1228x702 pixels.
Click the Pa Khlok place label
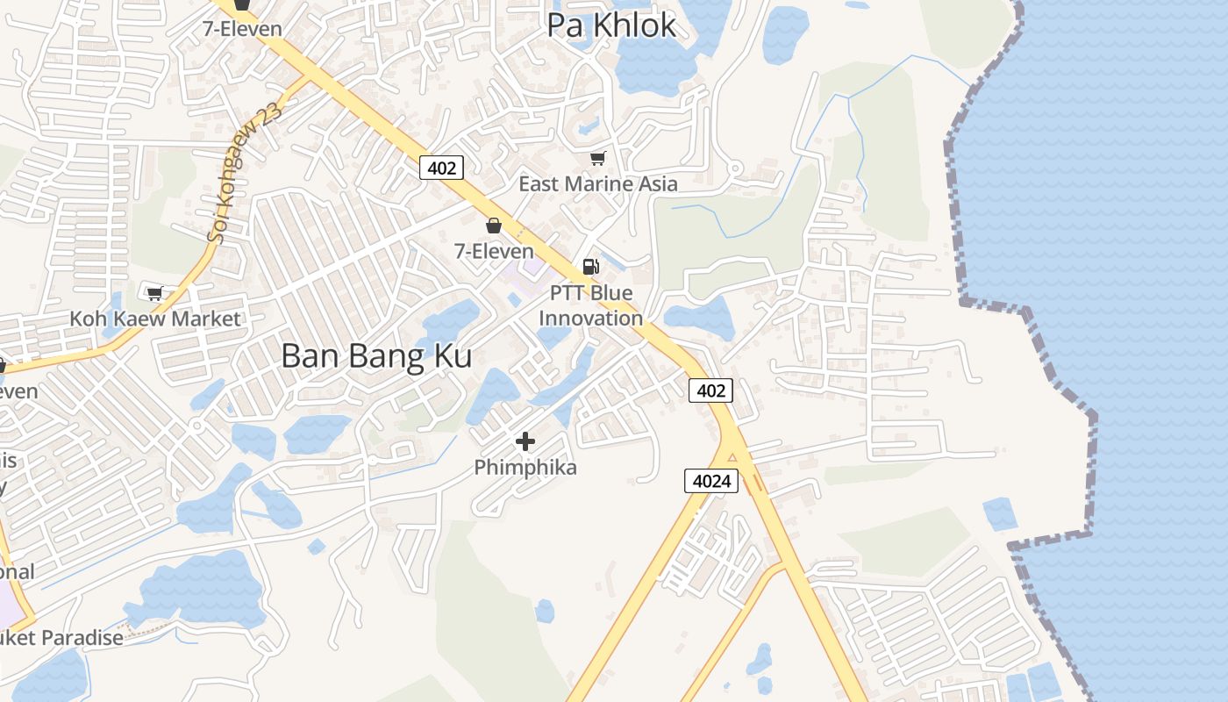[x=611, y=25]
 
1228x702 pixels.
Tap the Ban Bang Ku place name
[x=376, y=356]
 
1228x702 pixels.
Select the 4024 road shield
[x=710, y=481]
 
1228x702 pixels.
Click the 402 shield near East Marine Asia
[x=440, y=167]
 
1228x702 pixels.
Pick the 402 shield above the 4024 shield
[x=710, y=390]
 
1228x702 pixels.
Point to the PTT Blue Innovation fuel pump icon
[x=591, y=266]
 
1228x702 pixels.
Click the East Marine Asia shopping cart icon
[x=598, y=158]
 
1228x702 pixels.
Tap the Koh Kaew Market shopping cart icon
[x=155, y=293]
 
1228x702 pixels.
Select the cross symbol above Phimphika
[x=525, y=441]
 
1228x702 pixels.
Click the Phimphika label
[x=525, y=468]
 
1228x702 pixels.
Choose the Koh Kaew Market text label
[x=154, y=319]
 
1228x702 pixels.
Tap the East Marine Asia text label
[x=598, y=184]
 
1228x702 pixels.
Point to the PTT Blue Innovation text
[x=590, y=305]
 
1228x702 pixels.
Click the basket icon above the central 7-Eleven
[x=494, y=226]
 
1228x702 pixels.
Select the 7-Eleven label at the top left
[x=242, y=29]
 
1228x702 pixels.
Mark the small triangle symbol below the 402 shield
[x=732, y=455]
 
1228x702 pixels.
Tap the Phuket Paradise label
[x=61, y=638]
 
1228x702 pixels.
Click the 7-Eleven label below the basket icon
[x=494, y=251]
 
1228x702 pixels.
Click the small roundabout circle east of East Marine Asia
[x=735, y=168]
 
